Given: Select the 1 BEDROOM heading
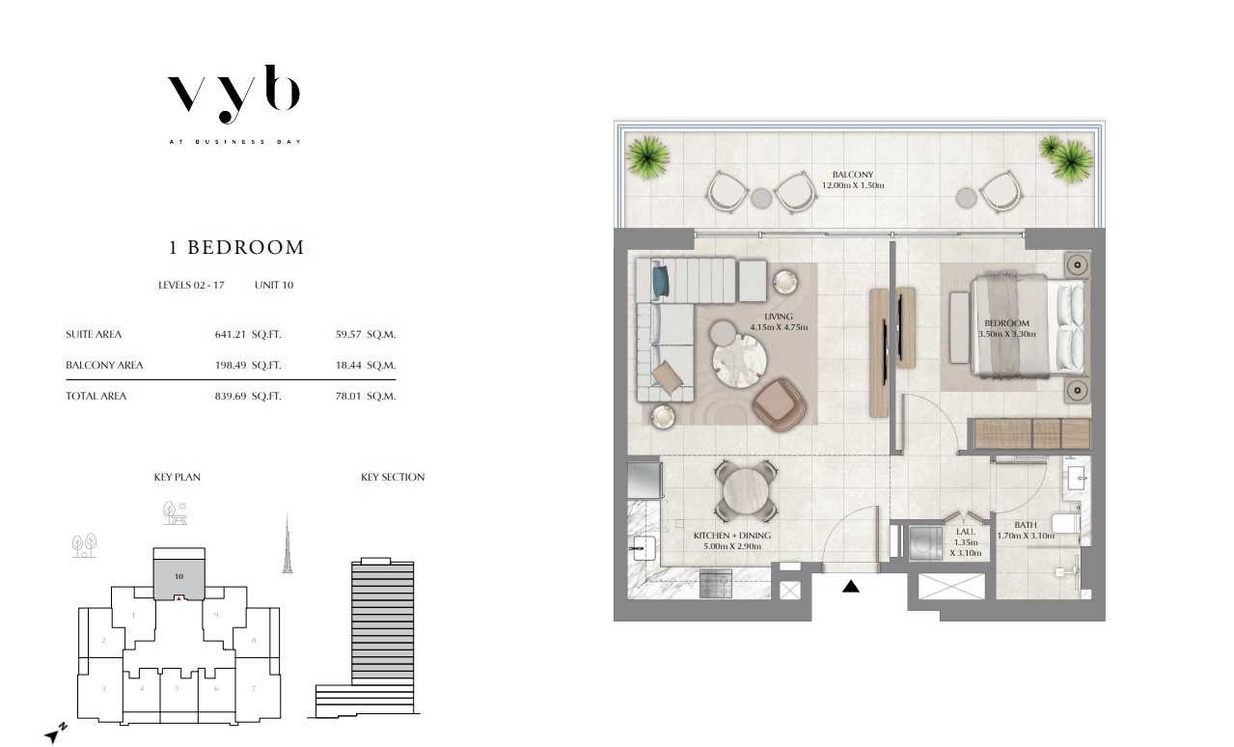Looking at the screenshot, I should pos(236,247).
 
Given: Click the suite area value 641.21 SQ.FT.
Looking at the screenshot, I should pos(247,335).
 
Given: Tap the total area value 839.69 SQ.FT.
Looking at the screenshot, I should pos(247,396).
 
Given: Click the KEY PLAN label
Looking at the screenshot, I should pos(177,477).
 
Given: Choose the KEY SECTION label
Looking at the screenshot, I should pos(393,477).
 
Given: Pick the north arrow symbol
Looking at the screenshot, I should pos(56,733).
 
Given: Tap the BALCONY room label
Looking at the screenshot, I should pos(853,180).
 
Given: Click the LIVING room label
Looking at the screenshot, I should pos(779,321).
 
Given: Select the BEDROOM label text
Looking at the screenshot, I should pos(1006,328).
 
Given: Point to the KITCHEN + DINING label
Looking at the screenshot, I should pos(732,540).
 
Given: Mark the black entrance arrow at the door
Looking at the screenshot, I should pos(850,585).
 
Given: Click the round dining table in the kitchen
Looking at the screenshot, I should pos(745,490).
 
